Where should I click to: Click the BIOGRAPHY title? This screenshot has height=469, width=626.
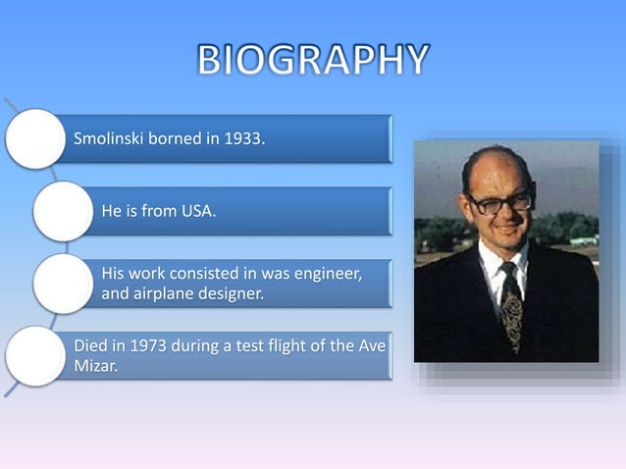click(x=312, y=61)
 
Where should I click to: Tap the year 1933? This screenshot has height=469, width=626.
click(x=242, y=138)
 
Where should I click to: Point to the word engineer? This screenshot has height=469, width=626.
click(x=329, y=273)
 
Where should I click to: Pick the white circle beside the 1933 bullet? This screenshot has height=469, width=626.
click(x=35, y=138)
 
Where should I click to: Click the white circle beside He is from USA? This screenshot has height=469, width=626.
click(x=62, y=211)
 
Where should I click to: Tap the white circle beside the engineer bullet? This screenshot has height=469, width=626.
click(x=62, y=283)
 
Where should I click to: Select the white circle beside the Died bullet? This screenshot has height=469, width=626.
click(x=35, y=355)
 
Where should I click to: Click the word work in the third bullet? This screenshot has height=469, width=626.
click(x=149, y=273)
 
